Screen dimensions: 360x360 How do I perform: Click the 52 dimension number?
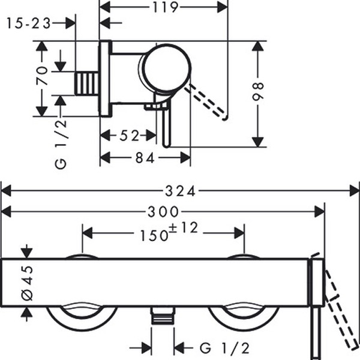pos(130,136)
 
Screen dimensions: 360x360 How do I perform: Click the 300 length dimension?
pos(164,211)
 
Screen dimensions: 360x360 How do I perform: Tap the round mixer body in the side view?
pos(166,70)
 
